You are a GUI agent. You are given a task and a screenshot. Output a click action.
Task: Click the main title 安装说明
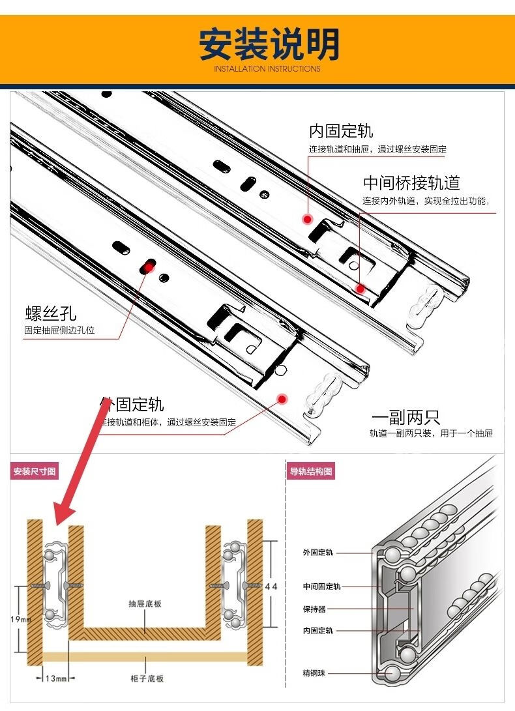tap(269, 44)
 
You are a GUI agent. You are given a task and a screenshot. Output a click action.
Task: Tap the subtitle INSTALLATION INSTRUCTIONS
tap(267, 68)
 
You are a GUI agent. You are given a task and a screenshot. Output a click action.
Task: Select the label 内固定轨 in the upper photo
tap(341, 131)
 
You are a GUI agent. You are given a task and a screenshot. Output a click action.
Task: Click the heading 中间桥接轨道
tap(411, 182)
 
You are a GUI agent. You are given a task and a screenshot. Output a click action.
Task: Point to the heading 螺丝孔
tap(51, 313)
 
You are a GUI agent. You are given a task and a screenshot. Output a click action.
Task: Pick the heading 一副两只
tap(405, 418)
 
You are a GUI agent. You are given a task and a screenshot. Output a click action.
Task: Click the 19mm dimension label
tap(22, 619)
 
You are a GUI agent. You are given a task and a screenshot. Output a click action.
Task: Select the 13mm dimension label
tap(56, 678)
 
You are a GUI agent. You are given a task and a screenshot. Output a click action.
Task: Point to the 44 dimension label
tap(271, 587)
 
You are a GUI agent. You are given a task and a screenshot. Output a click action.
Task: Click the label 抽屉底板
tap(145, 604)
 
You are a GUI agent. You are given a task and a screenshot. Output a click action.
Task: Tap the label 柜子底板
tap(147, 678)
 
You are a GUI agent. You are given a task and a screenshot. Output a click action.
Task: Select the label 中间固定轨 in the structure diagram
tap(321, 587)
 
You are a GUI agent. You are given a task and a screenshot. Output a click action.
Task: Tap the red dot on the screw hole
tap(149, 266)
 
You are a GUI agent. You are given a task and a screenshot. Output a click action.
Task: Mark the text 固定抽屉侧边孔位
tap(59, 330)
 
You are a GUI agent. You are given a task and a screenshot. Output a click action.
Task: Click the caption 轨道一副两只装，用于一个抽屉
tap(431, 433)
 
